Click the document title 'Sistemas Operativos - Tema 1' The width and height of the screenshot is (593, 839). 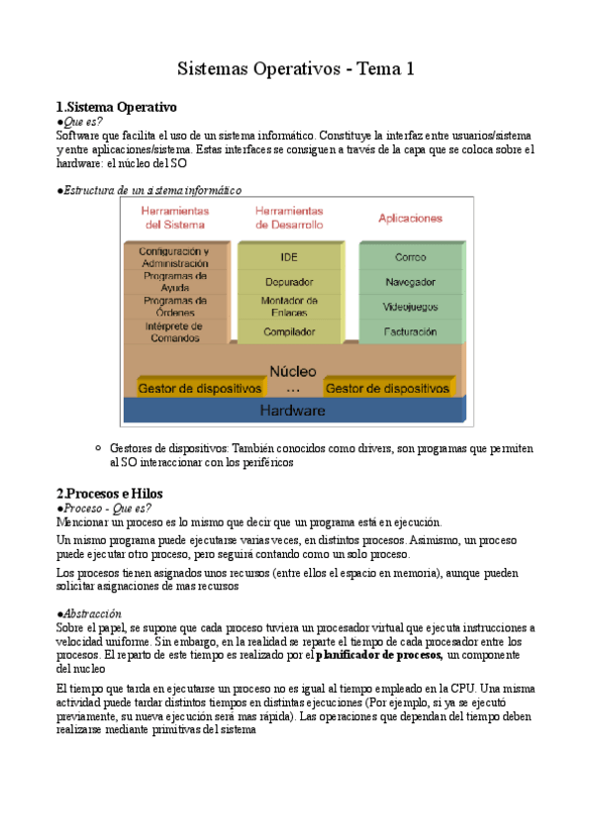click(x=295, y=68)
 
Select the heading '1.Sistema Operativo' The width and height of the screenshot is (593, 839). click(x=116, y=106)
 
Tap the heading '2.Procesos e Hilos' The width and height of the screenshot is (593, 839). click(x=109, y=493)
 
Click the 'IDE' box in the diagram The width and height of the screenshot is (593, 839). click(x=289, y=257)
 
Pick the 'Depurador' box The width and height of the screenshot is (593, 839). click(x=289, y=282)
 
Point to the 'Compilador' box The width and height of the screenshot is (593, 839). click(x=289, y=332)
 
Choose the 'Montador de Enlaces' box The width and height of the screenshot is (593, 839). click(x=289, y=306)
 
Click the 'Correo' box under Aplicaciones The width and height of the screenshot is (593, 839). click(x=410, y=257)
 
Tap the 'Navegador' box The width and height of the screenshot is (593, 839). click(x=410, y=282)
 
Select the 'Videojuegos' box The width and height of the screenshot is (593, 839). click(x=410, y=307)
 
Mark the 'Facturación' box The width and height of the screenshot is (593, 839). click(x=410, y=332)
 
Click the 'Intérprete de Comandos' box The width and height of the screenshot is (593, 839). click(x=174, y=330)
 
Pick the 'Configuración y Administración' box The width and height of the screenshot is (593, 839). click(x=174, y=257)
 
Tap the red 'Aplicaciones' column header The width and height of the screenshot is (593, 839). click(x=410, y=218)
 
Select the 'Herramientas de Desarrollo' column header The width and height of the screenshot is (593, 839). click(x=289, y=218)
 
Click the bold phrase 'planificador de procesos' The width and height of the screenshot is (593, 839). click(x=378, y=655)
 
